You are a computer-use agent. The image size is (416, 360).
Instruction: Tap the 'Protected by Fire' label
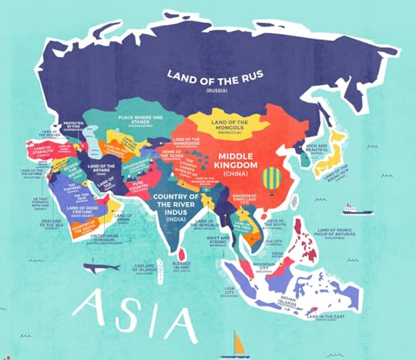pyautogui.click(x=74, y=126)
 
